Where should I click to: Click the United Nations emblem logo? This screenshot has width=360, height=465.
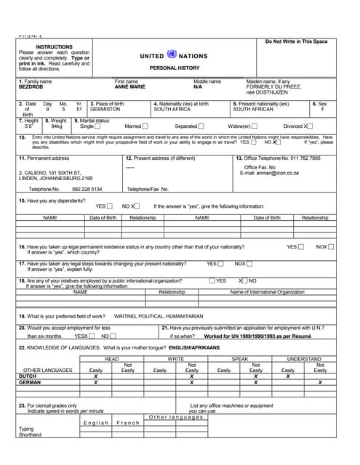pyautogui.click(x=172, y=54)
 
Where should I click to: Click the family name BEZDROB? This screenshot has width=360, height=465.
pyautogui.click(x=31, y=87)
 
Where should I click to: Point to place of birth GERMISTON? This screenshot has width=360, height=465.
pyautogui.click(x=105, y=109)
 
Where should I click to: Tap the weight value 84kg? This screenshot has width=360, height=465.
pyautogui.click(x=57, y=126)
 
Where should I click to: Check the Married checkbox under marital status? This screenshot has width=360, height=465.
pyautogui.click(x=145, y=126)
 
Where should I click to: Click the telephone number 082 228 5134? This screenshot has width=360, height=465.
pyautogui.click(x=87, y=189)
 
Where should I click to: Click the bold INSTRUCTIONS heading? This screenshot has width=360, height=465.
pyautogui.click(x=54, y=46)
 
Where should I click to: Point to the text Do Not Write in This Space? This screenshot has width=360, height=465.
pyautogui.click(x=296, y=42)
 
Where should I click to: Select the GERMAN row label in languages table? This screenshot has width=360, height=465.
pyautogui.click(x=30, y=382)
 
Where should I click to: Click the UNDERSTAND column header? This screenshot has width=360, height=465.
pyautogui.click(x=304, y=359)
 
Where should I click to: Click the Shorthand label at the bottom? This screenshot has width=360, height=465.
pyautogui.click(x=31, y=434)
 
